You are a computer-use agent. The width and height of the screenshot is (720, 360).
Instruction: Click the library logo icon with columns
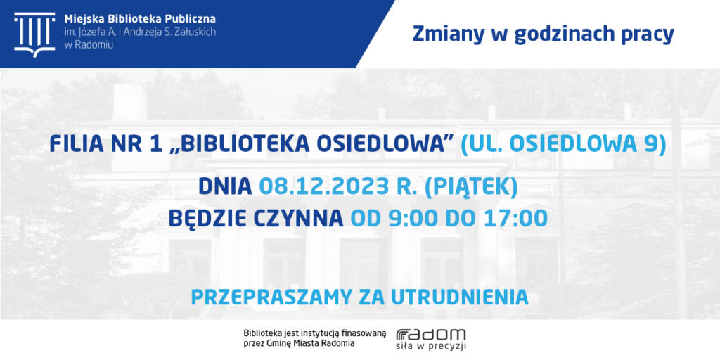coord(34,34)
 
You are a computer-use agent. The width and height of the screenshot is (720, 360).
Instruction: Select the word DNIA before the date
coord(225,186)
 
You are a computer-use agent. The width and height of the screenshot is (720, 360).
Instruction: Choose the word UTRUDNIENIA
coord(460,297)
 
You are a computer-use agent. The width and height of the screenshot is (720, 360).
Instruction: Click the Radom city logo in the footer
coord(431,340)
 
